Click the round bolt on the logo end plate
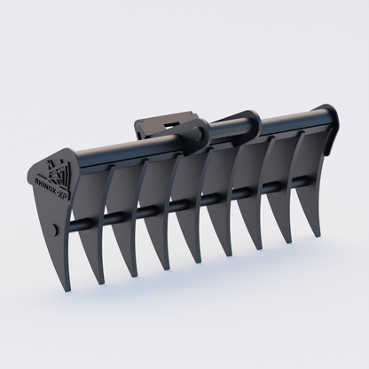click(56, 231)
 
